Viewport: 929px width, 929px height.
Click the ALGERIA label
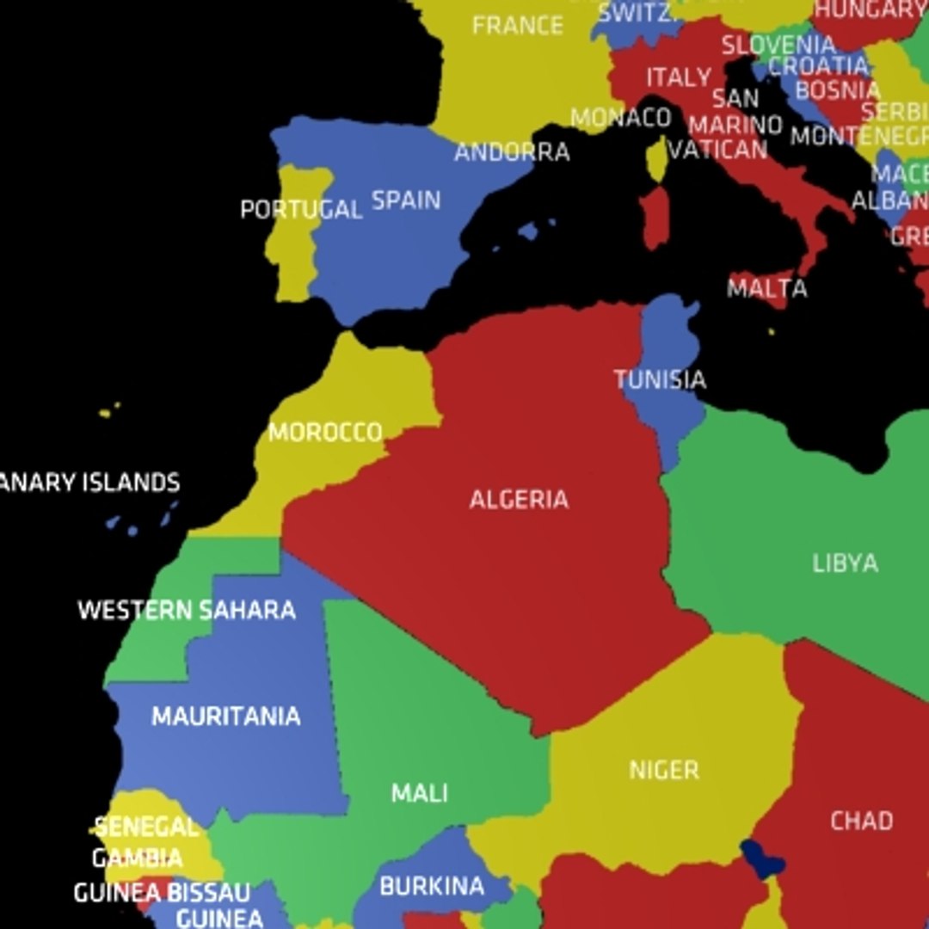point(519,499)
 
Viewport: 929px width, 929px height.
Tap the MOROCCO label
point(325,432)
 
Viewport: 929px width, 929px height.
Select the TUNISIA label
point(660,379)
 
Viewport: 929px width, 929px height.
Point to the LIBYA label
point(845,563)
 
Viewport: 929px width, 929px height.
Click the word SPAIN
point(406,200)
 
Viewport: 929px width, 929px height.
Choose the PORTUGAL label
point(301,209)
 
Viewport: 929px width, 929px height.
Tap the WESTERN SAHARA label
point(187,611)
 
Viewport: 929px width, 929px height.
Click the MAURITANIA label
point(226,717)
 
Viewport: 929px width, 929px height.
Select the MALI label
point(420,792)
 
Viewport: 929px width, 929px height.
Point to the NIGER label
point(664,770)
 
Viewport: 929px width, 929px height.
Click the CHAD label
point(861,821)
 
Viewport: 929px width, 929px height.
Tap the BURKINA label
point(432,886)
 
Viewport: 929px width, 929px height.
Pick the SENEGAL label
point(146,827)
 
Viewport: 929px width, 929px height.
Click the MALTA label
point(767,288)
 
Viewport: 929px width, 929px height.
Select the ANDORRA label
point(512,152)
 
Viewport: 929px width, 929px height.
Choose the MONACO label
point(620,118)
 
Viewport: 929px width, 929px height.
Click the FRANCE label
point(517,26)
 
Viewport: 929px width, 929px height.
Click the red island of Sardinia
point(655,218)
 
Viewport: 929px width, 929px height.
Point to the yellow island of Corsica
point(658,160)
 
